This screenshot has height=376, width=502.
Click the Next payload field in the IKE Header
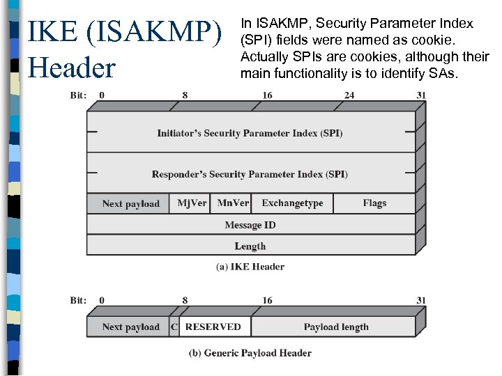pyautogui.click(x=130, y=203)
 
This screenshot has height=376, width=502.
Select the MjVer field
pyautogui.click(x=192, y=203)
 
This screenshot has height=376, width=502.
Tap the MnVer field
pyautogui.click(x=232, y=203)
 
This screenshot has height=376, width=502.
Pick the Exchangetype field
pyautogui.click(x=292, y=203)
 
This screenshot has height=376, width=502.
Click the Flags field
pyautogui.click(x=374, y=203)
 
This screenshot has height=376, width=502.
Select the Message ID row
pyautogui.click(x=250, y=225)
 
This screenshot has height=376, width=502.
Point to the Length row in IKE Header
pyautogui.click(x=250, y=246)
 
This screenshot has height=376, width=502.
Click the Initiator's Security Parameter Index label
pyautogui.click(x=250, y=133)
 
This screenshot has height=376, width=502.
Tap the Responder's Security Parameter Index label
pyautogui.click(x=250, y=174)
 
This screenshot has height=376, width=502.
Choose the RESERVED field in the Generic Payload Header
pyautogui.click(x=213, y=327)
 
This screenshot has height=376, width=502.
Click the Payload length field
pyautogui.click(x=336, y=327)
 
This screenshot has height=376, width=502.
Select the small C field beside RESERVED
pyautogui.click(x=174, y=327)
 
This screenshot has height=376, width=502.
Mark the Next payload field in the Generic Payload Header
pyautogui.click(x=130, y=327)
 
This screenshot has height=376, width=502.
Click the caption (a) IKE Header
pyautogui.click(x=250, y=266)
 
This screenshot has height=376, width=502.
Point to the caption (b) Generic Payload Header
pyautogui.click(x=250, y=353)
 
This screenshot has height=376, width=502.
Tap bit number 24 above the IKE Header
pyautogui.click(x=349, y=95)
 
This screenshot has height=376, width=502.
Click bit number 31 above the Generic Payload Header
pyautogui.click(x=420, y=300)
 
